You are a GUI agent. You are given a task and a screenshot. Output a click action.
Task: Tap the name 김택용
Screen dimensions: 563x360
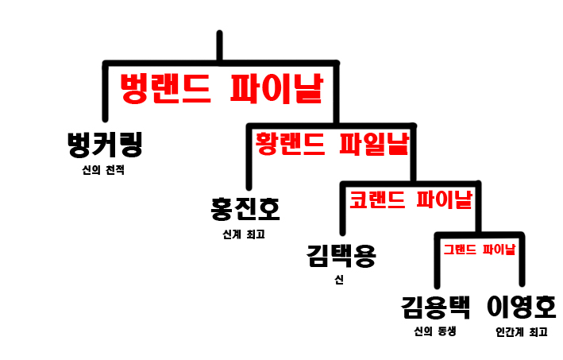tap(341, 256)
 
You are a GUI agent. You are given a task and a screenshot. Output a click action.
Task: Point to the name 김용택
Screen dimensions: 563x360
tap(435, 307)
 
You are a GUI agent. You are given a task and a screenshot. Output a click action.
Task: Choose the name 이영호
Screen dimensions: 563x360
tap(521, 307)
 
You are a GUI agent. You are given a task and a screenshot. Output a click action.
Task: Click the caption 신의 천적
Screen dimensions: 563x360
tap(103, 170)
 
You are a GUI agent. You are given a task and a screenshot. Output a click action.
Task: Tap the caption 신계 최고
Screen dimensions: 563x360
tap(243, 234)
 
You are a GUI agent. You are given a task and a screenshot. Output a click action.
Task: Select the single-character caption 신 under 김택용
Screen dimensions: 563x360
tap(340, 279)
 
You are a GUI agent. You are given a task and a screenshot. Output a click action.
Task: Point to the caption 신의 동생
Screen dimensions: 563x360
tap(435, 331)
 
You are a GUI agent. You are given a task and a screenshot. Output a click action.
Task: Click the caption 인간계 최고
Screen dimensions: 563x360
tap(521, 331)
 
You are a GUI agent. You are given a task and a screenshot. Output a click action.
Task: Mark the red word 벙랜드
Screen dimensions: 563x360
tap(164, 89)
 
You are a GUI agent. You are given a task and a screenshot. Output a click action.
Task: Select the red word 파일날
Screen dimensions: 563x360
tap(373, 143)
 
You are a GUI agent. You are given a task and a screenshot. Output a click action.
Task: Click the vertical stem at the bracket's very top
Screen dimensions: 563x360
tap(219, 46)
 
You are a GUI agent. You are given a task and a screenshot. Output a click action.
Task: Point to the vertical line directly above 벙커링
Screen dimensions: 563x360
tap(106, 91)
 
